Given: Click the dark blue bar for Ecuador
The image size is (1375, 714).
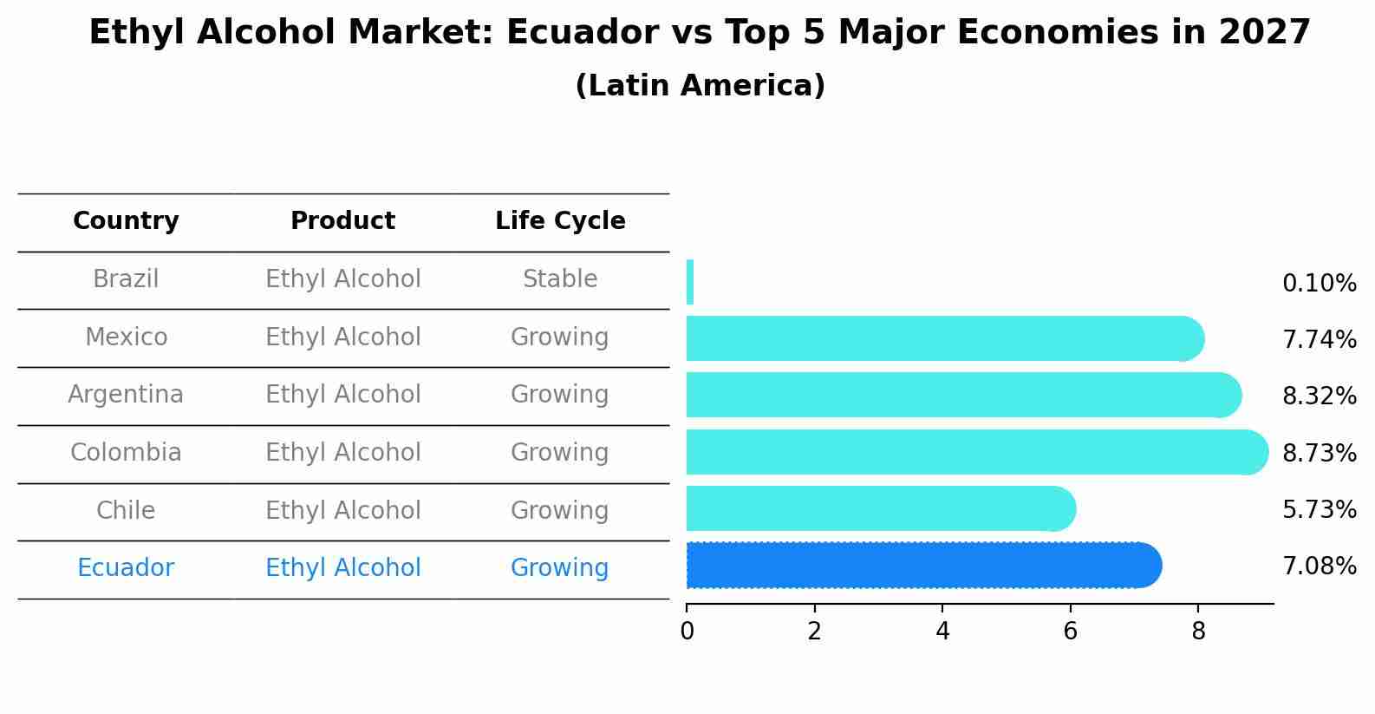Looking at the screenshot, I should point(923,566).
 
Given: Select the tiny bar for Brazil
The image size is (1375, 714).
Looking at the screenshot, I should point(690,283).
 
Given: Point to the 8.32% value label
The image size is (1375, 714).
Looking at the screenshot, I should point(1319,396).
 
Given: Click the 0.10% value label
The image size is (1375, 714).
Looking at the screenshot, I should point(1319,284).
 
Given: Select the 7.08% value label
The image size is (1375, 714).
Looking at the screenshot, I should point(1319,567).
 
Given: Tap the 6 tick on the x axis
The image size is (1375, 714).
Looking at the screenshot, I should point(1070,632).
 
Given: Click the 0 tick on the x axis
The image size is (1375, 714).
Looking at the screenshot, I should point(687,632).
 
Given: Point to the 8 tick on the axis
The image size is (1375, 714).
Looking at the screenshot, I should point(1198,632).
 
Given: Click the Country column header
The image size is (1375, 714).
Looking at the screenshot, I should point(126,221).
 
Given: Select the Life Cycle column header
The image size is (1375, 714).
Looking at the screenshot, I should point(560,221).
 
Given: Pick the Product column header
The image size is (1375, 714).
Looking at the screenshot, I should point(342,221).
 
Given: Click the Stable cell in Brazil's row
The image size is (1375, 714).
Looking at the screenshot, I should point(560,279).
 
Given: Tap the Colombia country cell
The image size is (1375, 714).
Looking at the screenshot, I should point(126,453).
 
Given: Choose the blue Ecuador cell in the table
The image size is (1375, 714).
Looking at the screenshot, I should point(126,568).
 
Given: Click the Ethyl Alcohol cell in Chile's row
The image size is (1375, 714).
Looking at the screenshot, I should point(342,510).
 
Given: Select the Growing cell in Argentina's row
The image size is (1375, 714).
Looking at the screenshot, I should point(560,395).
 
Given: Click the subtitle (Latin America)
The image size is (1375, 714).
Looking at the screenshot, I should point(700,86).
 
